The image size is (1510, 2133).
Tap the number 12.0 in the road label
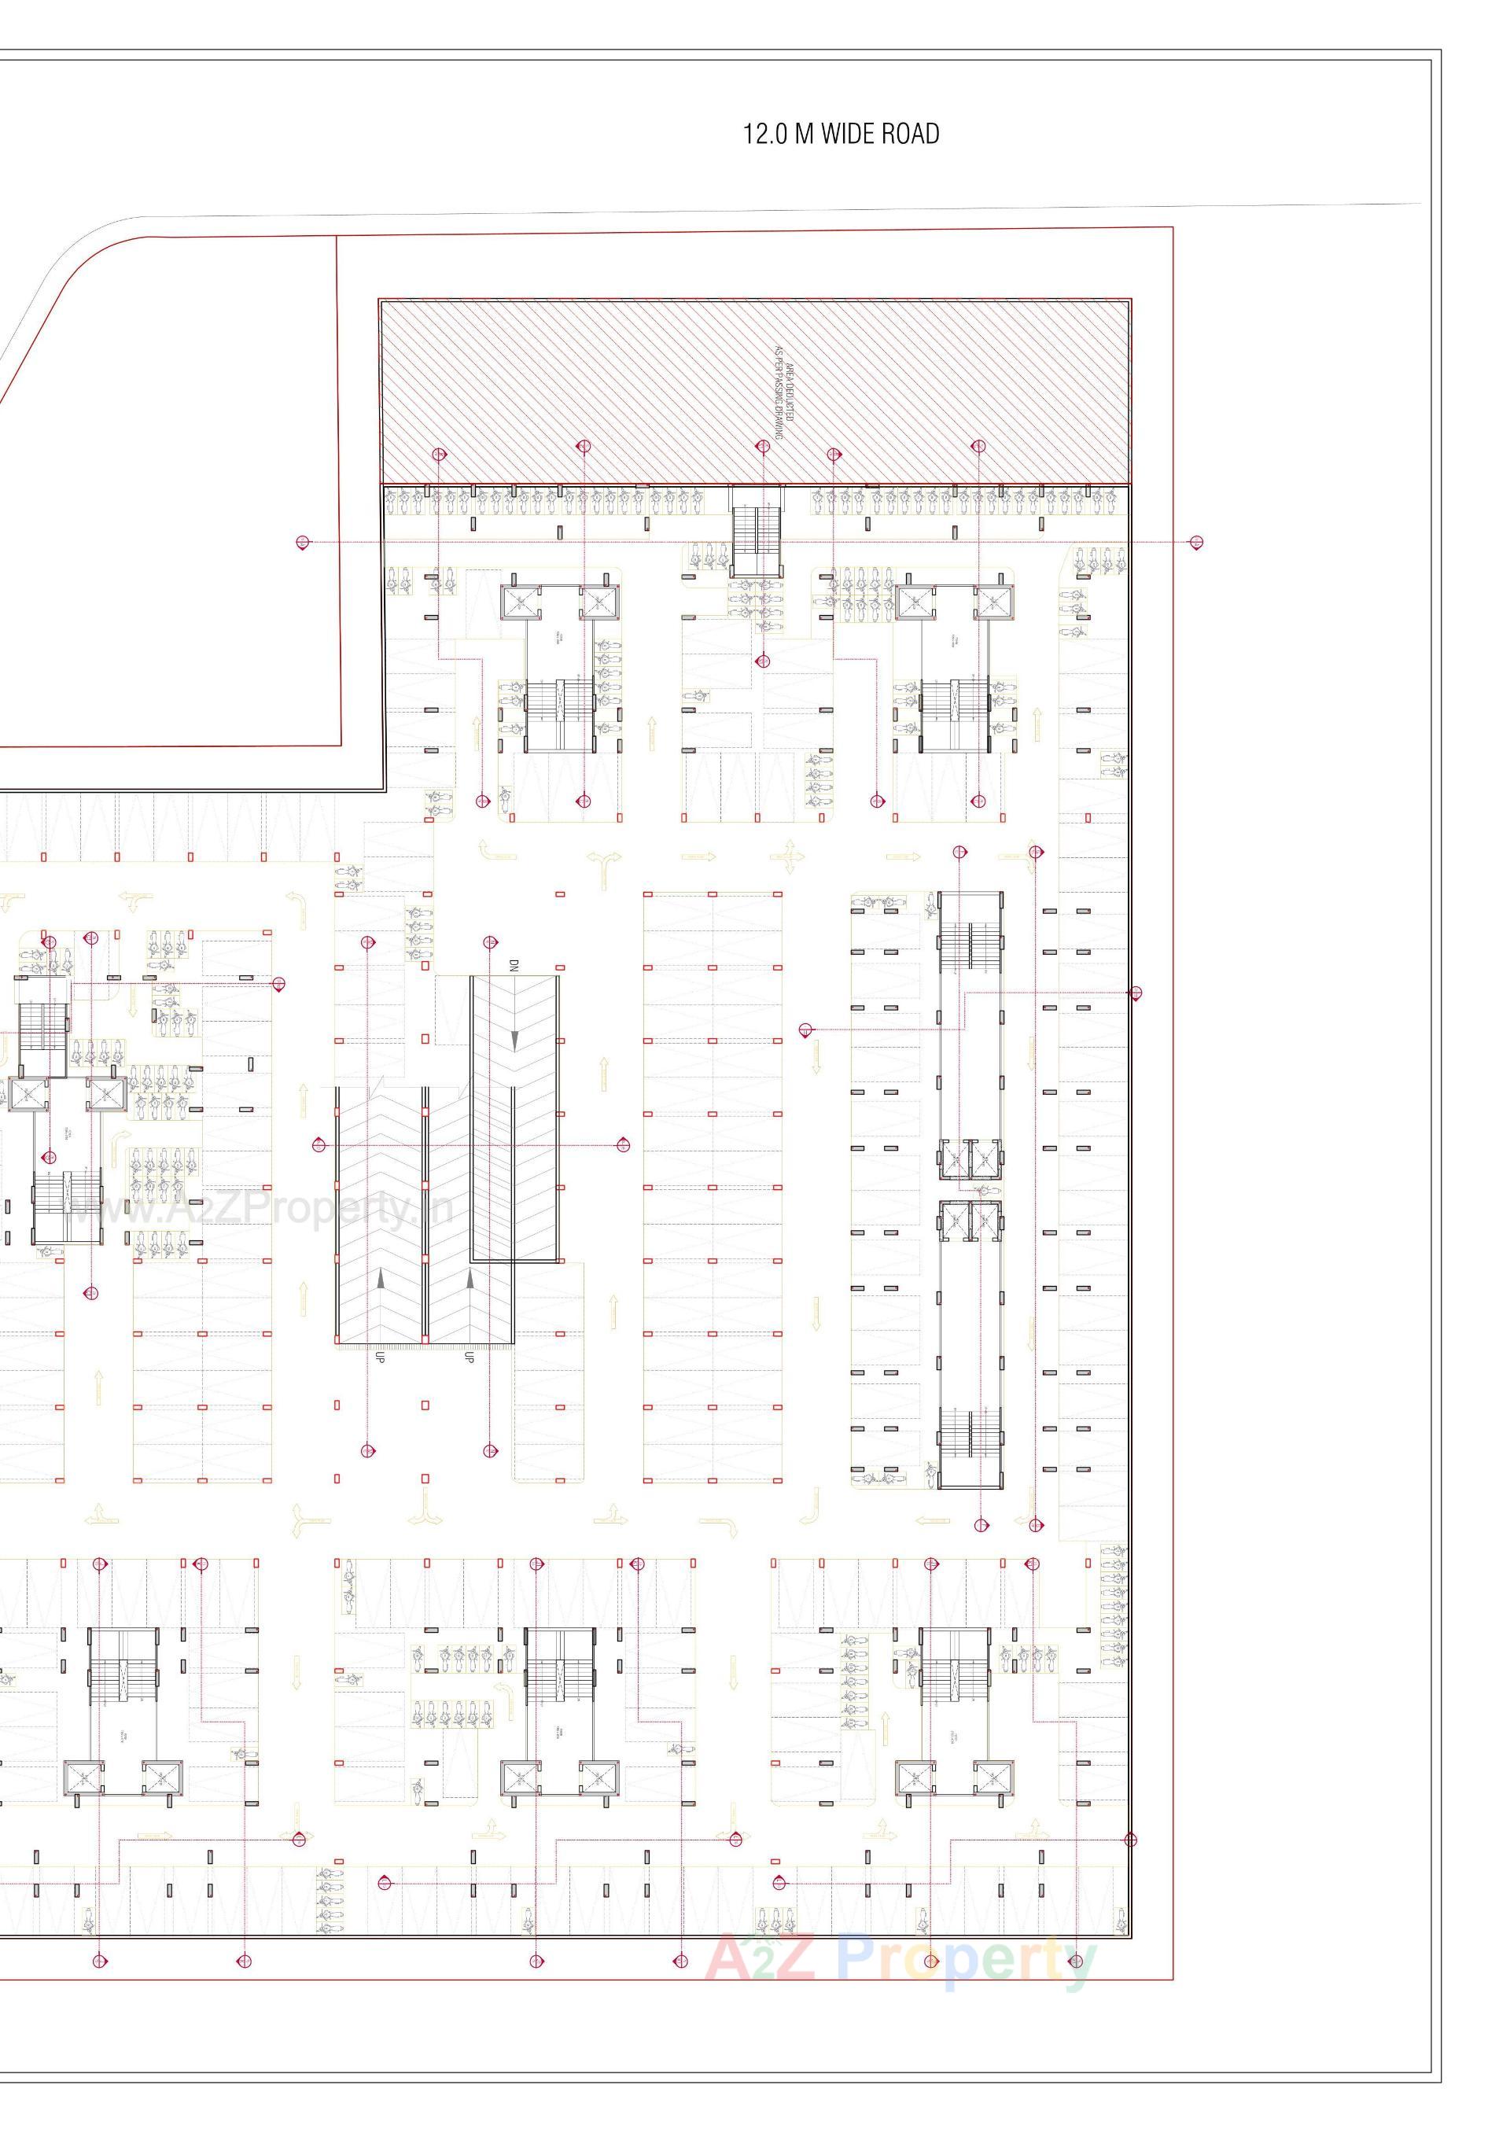click(765, 134)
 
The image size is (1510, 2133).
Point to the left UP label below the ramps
click(379, 1357)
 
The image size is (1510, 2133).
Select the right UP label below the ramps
click(469, 1357)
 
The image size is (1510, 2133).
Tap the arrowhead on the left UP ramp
click(379, 1279)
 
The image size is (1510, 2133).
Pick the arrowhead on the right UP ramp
click(470, 1279)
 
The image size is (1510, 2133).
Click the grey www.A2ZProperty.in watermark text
click(260, 1210)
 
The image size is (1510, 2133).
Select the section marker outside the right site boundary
click(1197, 542)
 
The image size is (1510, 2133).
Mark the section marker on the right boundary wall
click(1134, 993)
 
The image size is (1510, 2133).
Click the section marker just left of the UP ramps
click(319, 1144)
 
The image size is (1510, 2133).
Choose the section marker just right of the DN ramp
click(622, 1144)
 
